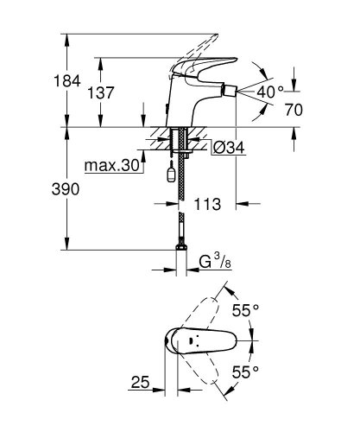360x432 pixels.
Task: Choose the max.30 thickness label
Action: click(113, 165)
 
